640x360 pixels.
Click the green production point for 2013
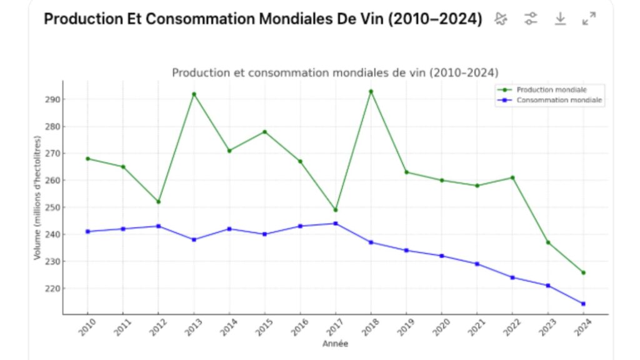[x=194, y=94]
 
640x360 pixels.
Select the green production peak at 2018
[x=371, y=91]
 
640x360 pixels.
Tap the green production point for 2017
[x=336, y=210]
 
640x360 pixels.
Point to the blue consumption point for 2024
[x=583, y=304]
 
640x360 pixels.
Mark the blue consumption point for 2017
[x=336, y=223]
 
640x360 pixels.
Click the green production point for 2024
[x=583, y=272]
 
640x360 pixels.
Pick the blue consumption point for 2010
[x=87, y=231]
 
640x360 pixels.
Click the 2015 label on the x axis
[x=263, y=326]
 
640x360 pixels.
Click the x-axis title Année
[x=335, y=344]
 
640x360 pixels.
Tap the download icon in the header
[x=560, y=19]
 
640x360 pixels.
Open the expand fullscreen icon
[x=589, y=19]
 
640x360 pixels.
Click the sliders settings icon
[x=531, y=19]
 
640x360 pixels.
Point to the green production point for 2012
[x=158, y=202]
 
